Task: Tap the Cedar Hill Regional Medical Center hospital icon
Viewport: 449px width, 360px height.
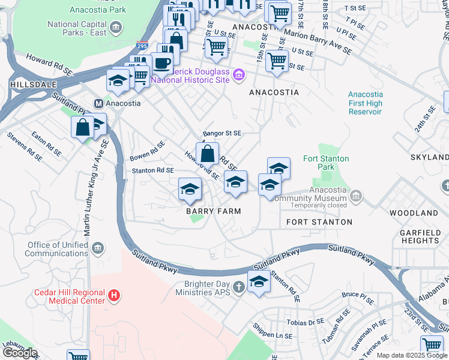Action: point(114,295)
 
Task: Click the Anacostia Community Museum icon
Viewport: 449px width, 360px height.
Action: point(356,195)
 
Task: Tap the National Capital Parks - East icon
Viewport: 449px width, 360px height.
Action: point(116,27)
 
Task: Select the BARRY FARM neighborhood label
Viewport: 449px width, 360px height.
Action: point(213,211)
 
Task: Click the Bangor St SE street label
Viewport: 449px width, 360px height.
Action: point(221,133)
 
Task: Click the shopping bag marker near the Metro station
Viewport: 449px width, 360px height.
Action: point(83,127)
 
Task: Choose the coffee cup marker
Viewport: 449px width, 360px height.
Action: point(161,62)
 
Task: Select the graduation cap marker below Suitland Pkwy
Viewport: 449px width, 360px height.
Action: point(259,281)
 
